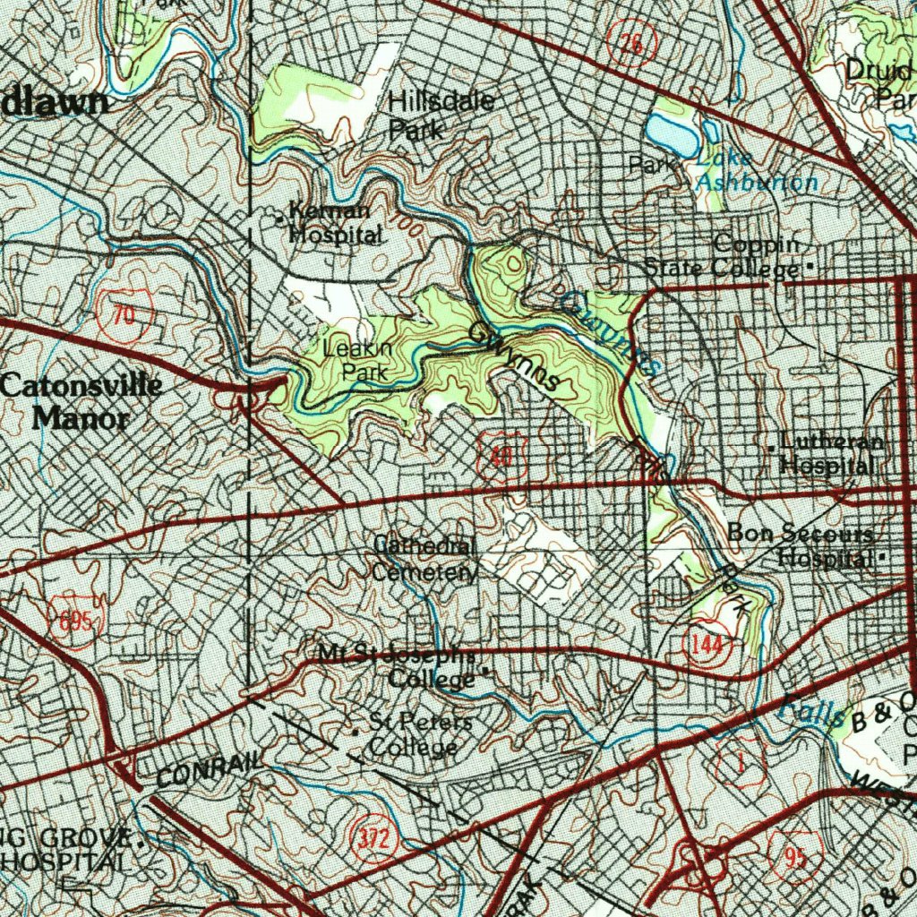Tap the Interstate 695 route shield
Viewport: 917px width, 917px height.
pos(71,622)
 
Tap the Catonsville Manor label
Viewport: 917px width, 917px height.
pos(81,402)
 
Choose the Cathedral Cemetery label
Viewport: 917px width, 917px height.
pos(424,559)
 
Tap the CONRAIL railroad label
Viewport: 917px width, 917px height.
pos(210,769)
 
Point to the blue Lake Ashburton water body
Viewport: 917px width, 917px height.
pos(671,133)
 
